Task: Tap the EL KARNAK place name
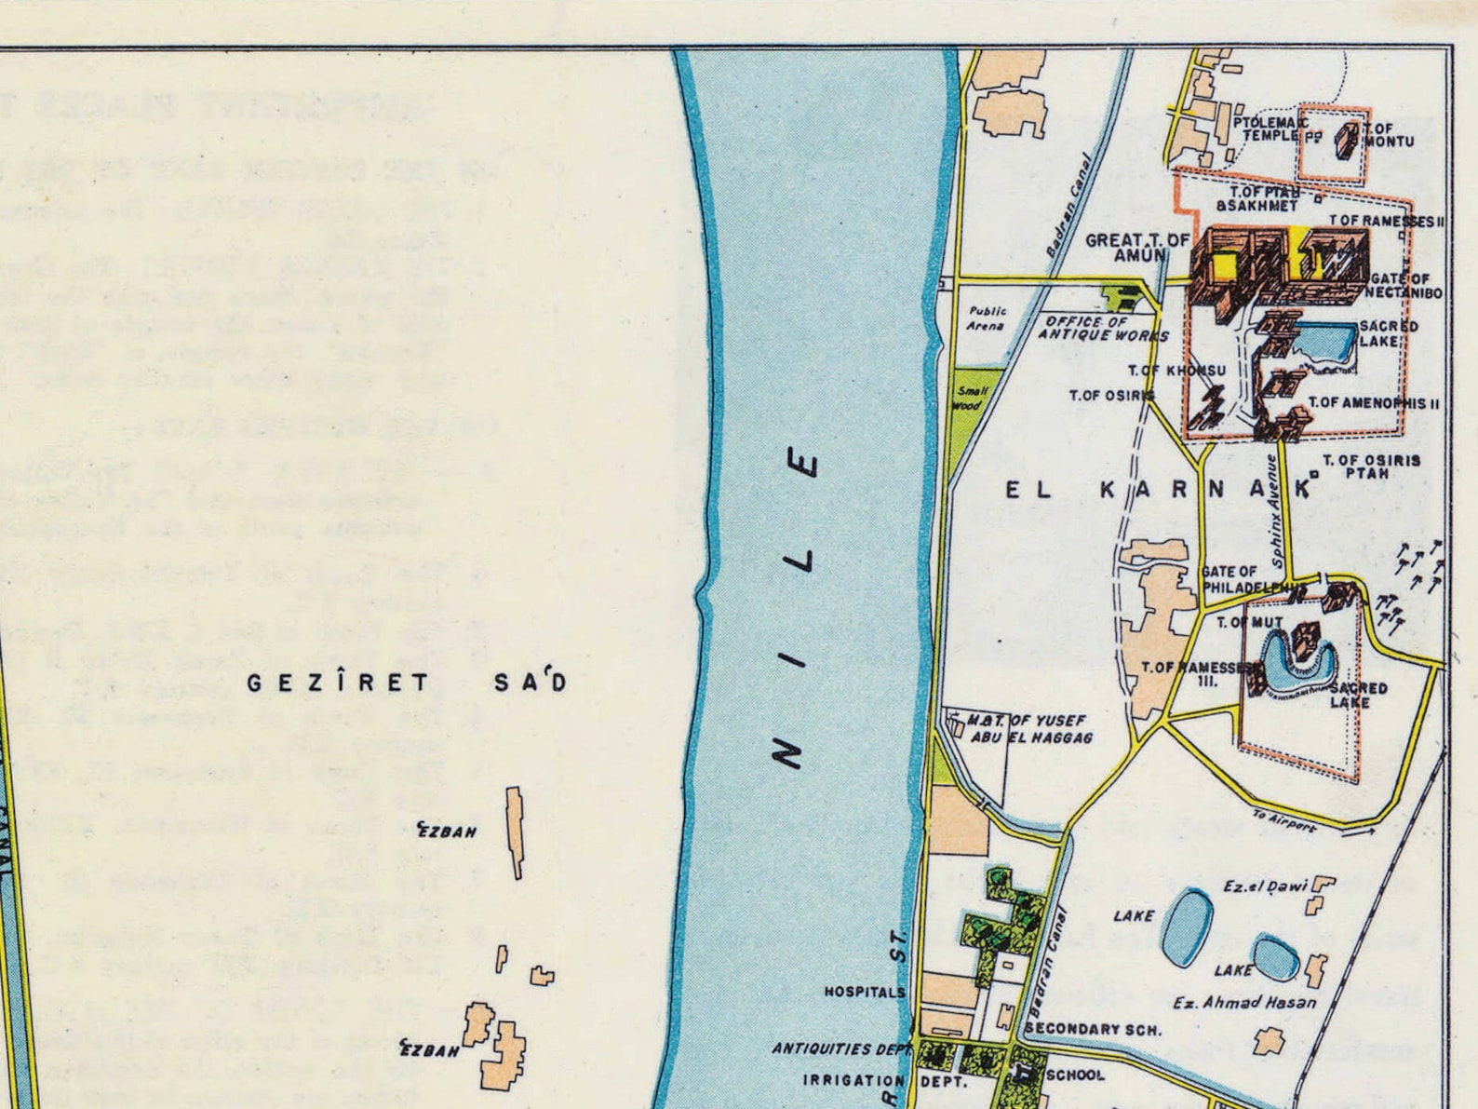1159,490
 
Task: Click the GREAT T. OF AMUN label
1137,248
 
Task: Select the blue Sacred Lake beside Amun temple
1324,341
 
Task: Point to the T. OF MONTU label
1388,136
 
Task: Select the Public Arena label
987,318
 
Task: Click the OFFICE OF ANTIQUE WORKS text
1103,328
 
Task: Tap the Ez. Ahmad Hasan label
1244,1003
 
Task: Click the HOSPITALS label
865,993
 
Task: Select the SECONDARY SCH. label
1093,1030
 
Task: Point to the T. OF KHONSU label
1176,371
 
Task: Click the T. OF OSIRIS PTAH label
1371,467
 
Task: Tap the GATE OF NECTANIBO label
1404,286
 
